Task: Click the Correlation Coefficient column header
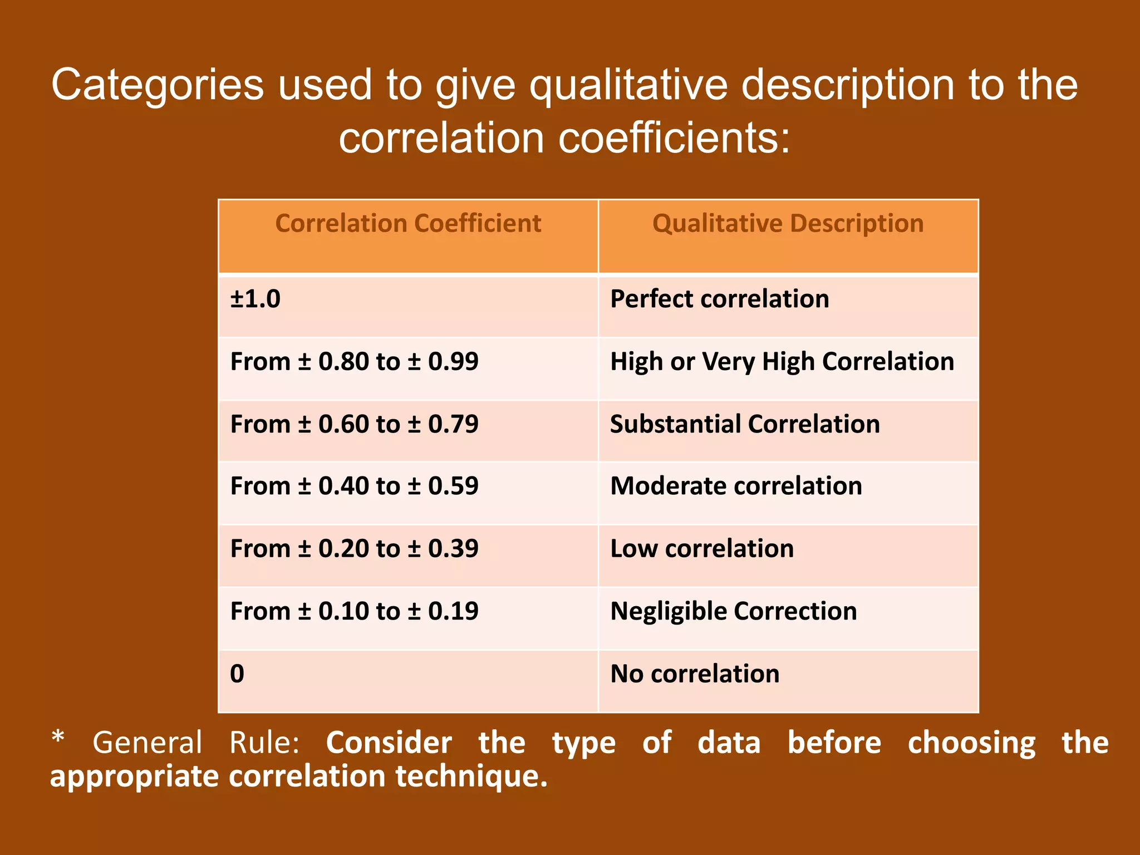[408, 224]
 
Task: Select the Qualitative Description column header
[788, 224]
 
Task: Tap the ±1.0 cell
[255, 299]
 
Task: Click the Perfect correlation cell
[719, 299]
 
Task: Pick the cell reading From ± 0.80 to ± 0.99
[354, 362]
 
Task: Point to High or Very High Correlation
[782, 362]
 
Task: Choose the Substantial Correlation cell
[745, 424]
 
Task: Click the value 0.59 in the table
[453, 487]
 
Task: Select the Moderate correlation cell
[736, 487]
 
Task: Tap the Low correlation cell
[702, 549]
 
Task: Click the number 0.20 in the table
[343, 549]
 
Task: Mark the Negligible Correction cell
[733, 611]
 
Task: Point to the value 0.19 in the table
[453, 611]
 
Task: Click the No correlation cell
[695, 674]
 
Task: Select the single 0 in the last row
[237, 674]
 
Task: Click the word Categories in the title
[158, 85]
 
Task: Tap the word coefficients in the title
[674, 138]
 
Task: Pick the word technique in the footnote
[471, 777]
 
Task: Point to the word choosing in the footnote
[971, 744]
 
